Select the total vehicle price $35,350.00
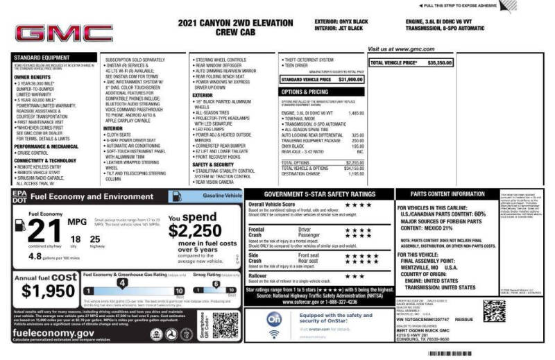point(440,62)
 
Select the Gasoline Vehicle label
point(223,196)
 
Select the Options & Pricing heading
point(305,91)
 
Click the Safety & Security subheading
point(215,165)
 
